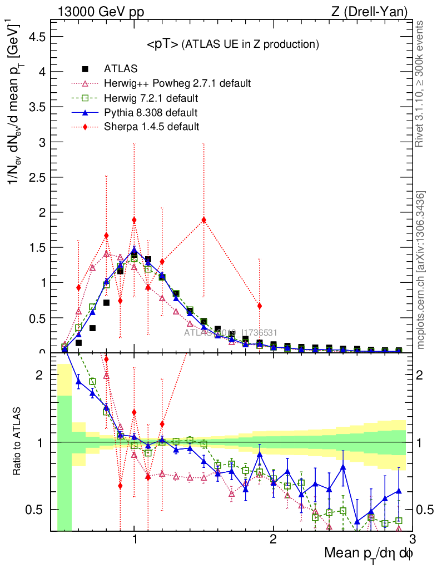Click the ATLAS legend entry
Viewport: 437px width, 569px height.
[x=121, y=69]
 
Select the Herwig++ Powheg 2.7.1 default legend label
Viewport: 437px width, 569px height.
[x=177, y=83]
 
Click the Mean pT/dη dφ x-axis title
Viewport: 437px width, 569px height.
[x=369, y=553]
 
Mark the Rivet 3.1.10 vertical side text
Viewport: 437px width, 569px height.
[x=421, y=83]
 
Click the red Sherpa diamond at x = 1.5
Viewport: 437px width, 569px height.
[x=204, y=219]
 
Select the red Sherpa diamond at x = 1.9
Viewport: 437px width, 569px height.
[x=259, y=306]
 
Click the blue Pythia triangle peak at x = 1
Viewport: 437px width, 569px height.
[x=134, y=250]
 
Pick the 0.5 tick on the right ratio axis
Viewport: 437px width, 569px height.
[x=424, y=510]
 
